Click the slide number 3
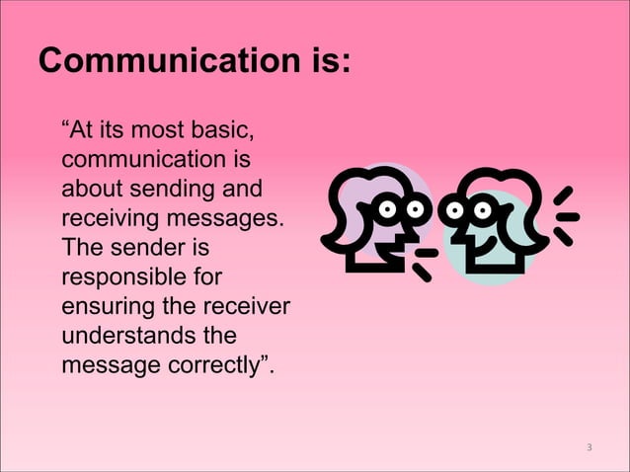[589, 448]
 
